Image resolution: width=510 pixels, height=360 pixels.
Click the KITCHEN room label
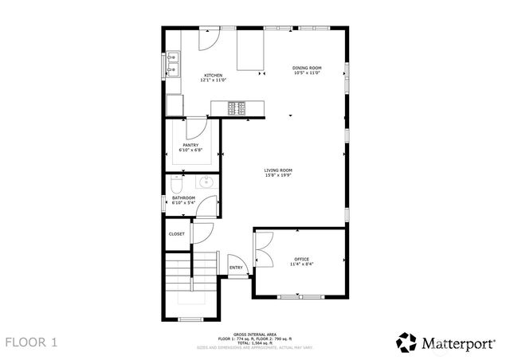point(202,75)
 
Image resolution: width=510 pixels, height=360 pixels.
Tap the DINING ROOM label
point(306,68)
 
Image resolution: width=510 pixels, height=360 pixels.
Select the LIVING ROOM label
point(279,170)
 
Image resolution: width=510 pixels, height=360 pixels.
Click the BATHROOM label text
point(184,198)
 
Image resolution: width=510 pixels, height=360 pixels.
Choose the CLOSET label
point(177,234)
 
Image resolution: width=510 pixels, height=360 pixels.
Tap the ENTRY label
point(237,268)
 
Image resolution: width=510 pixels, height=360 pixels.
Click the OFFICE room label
point(301,259)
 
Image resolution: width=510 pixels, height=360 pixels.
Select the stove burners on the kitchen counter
point(237,107)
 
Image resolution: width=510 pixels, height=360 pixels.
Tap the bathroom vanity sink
point(205,182)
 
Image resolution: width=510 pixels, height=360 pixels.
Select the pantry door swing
point(196,129)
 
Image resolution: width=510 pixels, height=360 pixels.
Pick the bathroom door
point(207,207)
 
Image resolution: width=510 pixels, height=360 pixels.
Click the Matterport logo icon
point(407,342)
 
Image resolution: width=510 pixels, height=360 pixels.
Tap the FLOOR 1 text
point(32,342)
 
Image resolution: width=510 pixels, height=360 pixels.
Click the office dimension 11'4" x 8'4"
point(301,264)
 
